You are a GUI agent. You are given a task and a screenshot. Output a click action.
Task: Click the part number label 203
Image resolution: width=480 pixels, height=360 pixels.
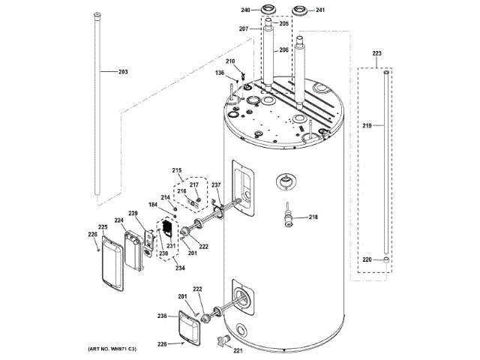tap(123, 72)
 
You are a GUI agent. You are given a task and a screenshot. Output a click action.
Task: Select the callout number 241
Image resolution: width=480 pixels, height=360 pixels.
tap(319, 10)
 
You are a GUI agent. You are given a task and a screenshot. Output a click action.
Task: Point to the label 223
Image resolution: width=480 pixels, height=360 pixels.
tap(376, 54)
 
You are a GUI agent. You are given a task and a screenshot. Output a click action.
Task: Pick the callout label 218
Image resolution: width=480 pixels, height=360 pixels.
tap(313, 217)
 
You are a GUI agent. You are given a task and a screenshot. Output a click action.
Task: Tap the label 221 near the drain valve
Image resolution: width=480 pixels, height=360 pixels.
tap(238, 350)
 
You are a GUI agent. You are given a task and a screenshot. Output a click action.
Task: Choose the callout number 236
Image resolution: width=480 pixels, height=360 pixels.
tap(161, 316)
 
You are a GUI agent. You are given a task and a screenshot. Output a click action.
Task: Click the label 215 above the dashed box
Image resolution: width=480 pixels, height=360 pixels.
tap(177, 170)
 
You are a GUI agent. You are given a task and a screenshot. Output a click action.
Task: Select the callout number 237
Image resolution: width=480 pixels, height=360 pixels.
tap(216, 185)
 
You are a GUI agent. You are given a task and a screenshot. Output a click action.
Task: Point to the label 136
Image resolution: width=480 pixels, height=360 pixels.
tap(220, 73)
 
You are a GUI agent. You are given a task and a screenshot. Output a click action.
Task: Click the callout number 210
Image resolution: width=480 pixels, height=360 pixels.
tap(230, 61)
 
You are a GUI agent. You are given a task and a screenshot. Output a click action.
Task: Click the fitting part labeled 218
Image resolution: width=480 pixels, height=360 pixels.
tap(287, 217)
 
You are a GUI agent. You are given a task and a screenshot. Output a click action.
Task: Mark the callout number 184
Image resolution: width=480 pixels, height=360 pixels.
tap(152, 205)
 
